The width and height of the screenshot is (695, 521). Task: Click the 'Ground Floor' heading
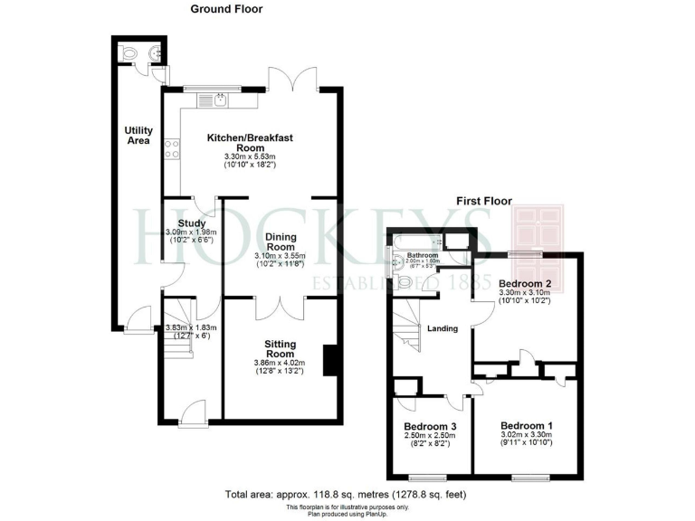[x=226, y=8]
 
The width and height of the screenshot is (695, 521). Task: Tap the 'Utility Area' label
[x=138, y=136]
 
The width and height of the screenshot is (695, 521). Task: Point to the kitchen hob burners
[x=169, y=150]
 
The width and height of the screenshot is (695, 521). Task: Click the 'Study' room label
[x=192, y=223]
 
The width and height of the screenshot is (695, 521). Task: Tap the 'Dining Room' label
[x=281, y=242]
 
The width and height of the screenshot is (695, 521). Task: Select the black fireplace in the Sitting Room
[x=332, y=359]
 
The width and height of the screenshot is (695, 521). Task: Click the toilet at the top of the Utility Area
[x=131, y=53]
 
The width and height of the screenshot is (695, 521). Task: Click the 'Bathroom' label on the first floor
[x=422, y=256]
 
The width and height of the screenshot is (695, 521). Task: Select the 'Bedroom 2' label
[x=524, y=284]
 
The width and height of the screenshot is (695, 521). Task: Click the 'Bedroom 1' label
[x=526, y=426]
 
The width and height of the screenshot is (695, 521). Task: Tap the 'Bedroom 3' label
[x=429, y=426]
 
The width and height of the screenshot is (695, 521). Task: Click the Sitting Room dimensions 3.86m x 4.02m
[x=281, y=364]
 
